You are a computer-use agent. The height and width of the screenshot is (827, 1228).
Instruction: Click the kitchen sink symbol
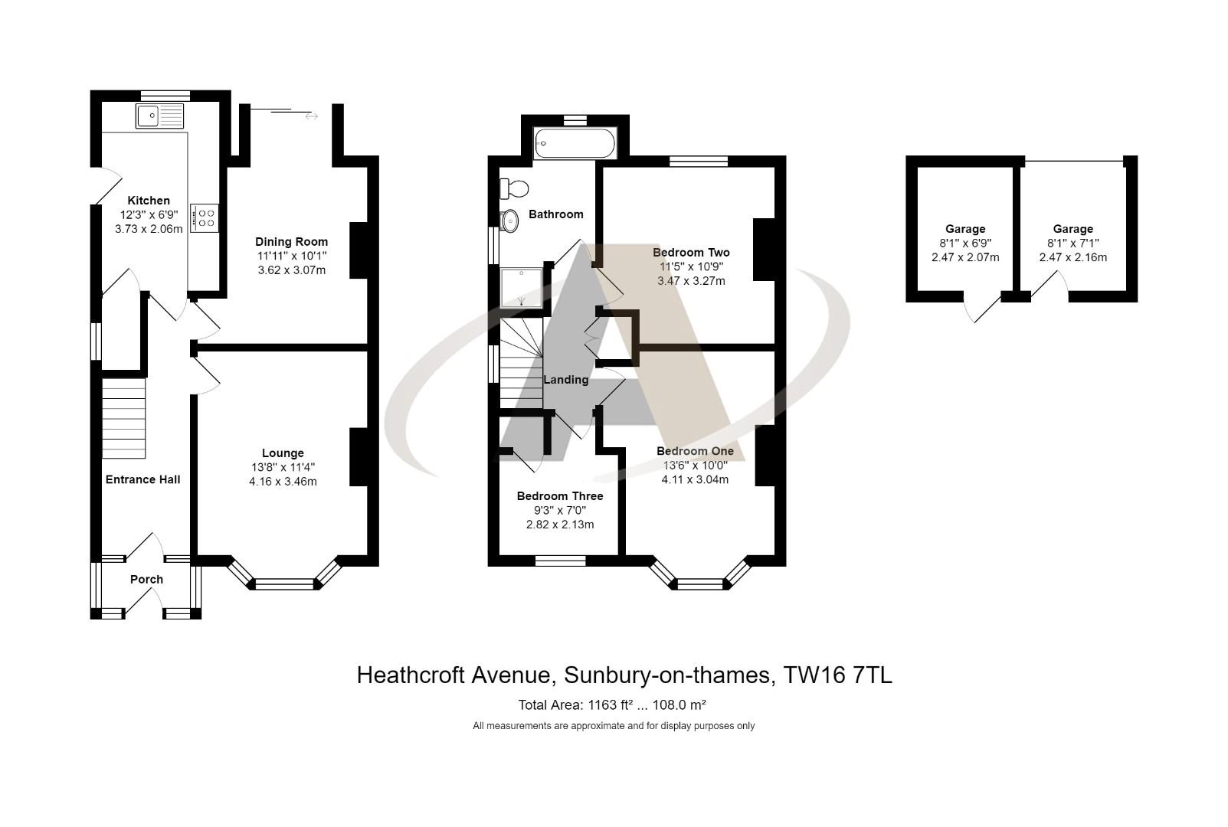160,116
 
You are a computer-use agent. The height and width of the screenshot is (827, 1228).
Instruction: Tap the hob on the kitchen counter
205,217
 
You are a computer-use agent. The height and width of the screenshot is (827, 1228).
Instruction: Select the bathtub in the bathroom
575,144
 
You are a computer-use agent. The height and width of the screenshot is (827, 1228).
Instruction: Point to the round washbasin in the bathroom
509,221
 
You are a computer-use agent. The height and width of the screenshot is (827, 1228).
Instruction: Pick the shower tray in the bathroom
522,286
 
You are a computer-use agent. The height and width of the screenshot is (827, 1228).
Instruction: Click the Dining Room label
291,242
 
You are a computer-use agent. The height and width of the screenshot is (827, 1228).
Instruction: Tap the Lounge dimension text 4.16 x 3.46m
283,482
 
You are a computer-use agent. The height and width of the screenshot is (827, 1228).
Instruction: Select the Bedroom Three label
560,496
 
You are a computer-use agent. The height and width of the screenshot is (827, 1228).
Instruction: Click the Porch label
146,580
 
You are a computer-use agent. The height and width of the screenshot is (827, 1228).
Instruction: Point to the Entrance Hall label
142,479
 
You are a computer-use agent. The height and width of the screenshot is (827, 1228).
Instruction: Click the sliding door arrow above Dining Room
311,116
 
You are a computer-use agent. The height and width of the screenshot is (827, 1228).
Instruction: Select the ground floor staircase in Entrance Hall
124,418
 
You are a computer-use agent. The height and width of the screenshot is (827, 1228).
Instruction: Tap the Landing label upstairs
565,380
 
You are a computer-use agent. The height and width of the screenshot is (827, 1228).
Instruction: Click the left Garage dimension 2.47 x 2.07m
965,257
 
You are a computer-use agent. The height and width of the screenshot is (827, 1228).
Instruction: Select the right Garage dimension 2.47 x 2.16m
1072,257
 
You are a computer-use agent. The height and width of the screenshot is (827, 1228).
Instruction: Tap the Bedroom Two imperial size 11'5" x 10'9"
691,266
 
